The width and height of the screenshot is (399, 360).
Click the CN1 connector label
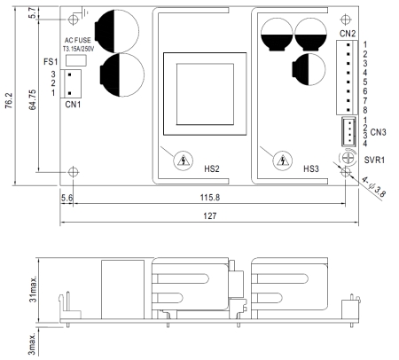coord(73,105)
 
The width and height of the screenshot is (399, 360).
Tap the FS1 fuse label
coord(51,62)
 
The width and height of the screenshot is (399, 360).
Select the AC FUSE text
coord(78,40)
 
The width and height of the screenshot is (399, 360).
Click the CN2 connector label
coord(348,34)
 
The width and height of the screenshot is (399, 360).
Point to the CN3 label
coord(378,132)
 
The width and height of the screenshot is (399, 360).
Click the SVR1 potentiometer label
coord(374,160)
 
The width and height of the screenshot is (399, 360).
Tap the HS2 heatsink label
coord(212,168)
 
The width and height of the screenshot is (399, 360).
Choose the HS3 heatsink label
coord(311,168)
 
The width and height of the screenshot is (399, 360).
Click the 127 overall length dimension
coord(209,216)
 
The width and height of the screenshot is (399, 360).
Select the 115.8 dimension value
coord(210,198)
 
